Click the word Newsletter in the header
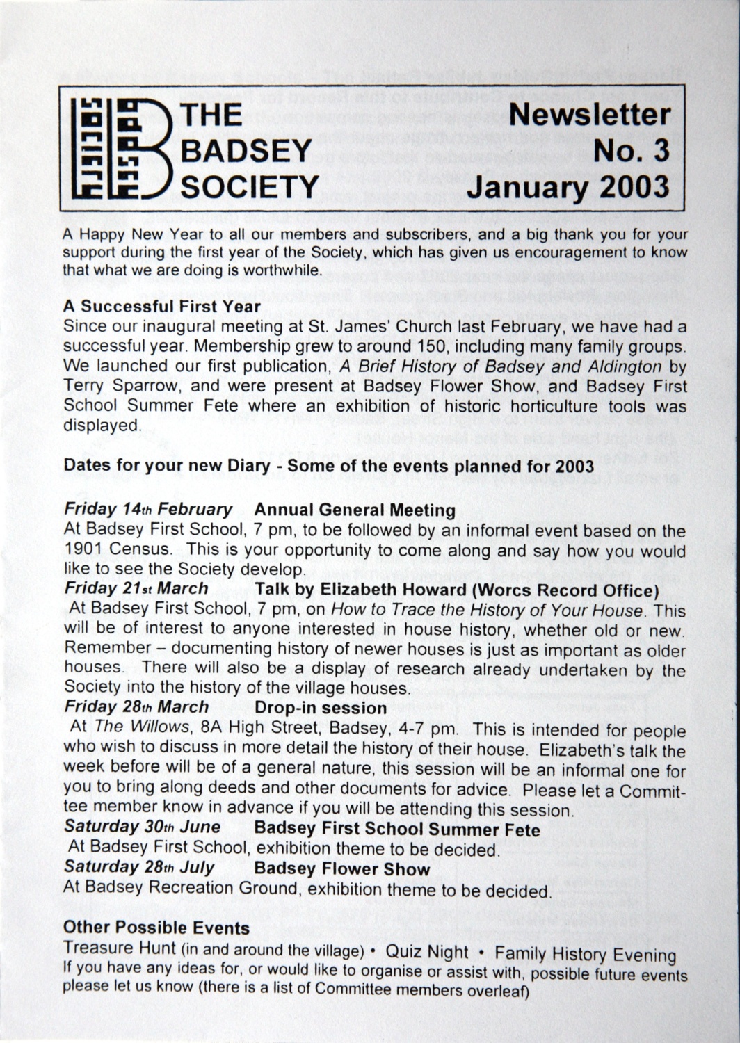coord(590,114)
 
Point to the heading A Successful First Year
coord(161,306)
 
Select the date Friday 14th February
coord(148,509)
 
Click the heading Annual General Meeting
coord(355,510)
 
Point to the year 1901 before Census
coord(83,549)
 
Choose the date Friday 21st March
coord(136,588)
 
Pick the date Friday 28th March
coord(136,706)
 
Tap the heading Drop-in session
coord(321,708)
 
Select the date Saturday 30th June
coord(142,827)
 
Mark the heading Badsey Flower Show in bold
coord(342,869)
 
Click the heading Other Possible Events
coord(156,928)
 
